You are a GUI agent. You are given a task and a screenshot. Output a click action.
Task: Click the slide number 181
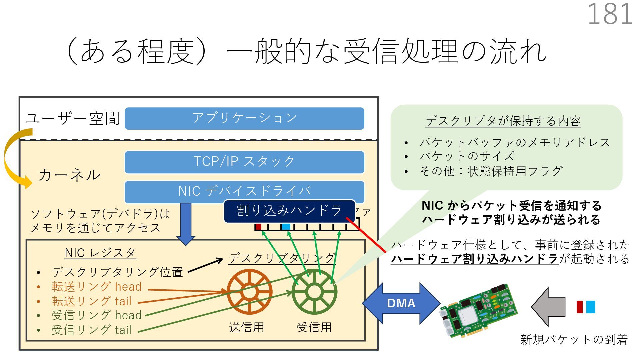click(610, 14)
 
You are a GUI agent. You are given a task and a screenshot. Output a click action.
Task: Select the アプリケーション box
click(244, 118)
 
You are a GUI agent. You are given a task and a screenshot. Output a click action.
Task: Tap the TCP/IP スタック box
click(244, 162)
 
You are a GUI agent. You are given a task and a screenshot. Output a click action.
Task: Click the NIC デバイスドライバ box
click(244, 191)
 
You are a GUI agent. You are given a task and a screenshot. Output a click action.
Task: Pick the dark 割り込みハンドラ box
click(289, 211)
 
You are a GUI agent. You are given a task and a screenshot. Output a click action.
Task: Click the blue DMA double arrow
click(401, 303)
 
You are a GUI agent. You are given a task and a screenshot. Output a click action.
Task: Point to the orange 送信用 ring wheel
click(249, 292)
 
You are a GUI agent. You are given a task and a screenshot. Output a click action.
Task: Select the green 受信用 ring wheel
click(314, 292)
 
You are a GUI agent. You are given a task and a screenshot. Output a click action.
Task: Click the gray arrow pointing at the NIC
click(548, 307)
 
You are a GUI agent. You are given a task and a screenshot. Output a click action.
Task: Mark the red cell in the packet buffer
click(258, 227)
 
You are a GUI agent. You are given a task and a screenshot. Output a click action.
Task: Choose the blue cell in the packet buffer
click(286, 227)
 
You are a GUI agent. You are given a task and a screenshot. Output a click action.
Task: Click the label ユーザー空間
click(73, 118)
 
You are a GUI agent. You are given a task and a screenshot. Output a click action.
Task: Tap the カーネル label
click(69, 175)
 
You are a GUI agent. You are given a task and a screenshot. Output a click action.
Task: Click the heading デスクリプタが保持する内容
click(503, 121)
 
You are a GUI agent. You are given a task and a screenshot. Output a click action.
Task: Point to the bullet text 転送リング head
click(97, 287)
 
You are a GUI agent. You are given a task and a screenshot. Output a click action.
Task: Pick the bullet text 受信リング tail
click(92, 330)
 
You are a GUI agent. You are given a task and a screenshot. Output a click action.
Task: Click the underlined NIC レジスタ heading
click(100, 253)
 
